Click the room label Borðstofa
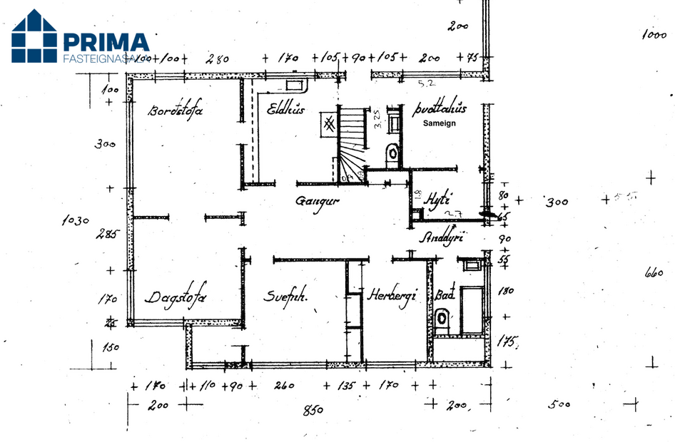tap(176, 110)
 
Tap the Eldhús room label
tap(286, 109)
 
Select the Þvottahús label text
tap(440, 109)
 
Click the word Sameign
tap(439, 123)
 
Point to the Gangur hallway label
tap(317, 201)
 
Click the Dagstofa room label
tap(176, 298)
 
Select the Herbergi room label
tap(392, 297)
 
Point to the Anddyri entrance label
tap(442, 238)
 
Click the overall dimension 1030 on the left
tap(75, 221)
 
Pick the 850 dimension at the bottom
tap(313, 410)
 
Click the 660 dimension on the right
tap(654, 272)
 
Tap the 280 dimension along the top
tap(215, 59)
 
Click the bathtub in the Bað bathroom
tap(472, 310)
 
